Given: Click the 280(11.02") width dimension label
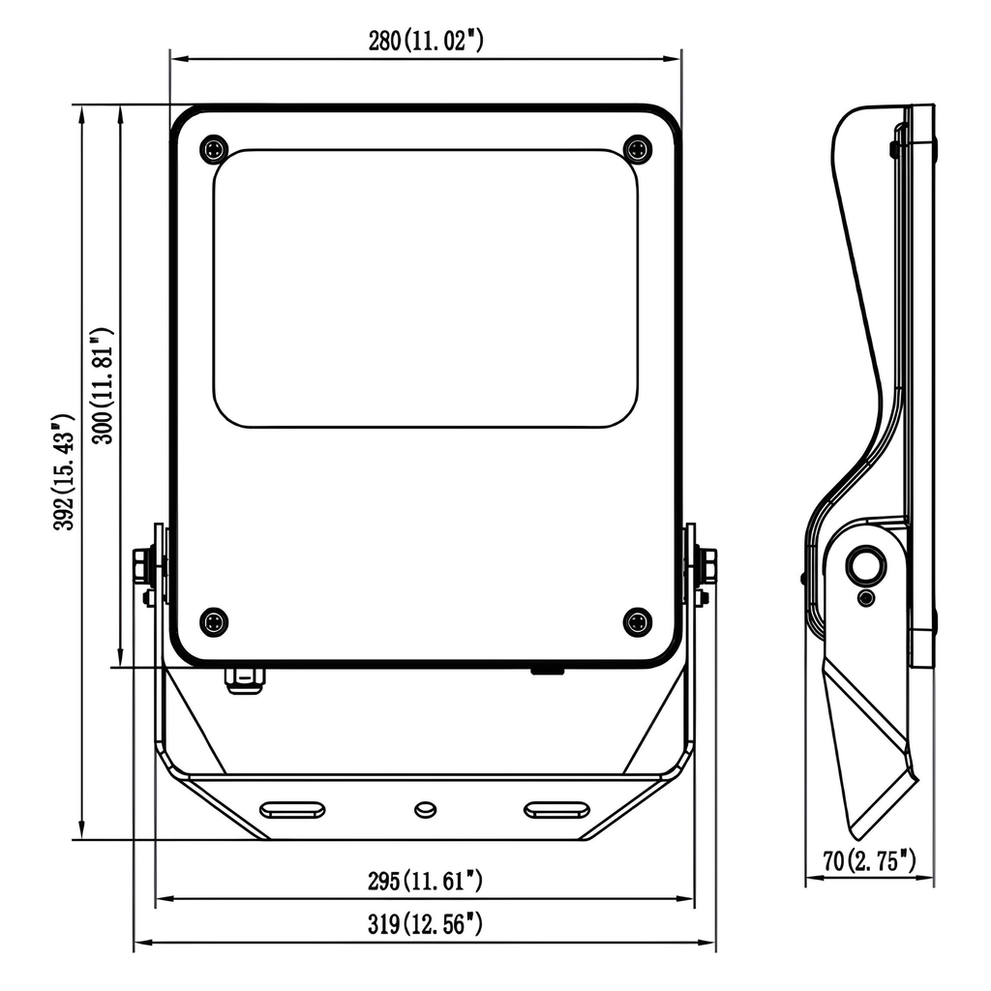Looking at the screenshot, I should [425, 41].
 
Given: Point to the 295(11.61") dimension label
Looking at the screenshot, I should [425, 882].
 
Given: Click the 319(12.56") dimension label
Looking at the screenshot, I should [425, 924].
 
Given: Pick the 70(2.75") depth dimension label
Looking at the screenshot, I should [869, 858].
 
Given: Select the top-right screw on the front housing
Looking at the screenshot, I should [637, 149].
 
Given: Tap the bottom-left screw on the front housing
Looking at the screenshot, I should [214, 622].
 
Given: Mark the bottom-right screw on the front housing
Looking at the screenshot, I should [637, 622].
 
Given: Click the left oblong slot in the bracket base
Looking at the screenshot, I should [292, 809].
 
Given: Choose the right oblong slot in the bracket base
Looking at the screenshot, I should [556, 809].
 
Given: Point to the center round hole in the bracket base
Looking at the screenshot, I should [424, 809].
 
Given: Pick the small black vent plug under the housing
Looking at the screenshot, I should [548, 669].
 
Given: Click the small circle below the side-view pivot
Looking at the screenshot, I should [866, 599].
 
